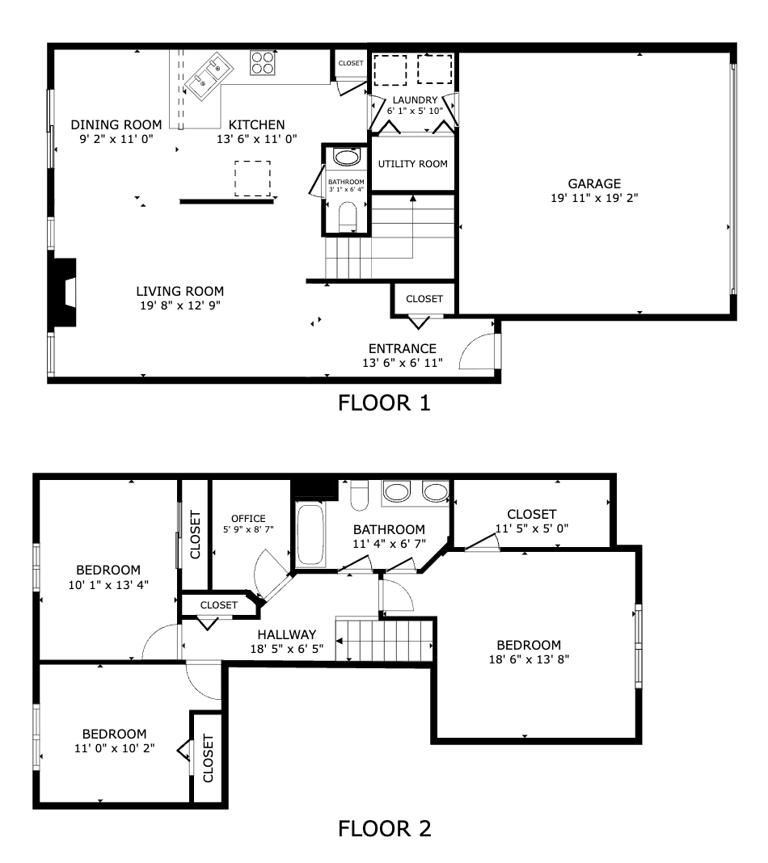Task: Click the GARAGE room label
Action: point(594,183)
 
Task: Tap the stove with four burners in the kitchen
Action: point(263,63)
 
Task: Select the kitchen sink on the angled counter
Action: point(209,76)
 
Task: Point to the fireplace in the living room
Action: point(62,293)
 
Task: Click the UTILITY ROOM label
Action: point(413,164)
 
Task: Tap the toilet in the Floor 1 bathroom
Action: point(348,217)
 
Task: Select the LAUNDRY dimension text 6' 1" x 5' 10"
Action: point(415,111)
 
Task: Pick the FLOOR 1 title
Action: point(384,403)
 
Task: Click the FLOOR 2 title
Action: point(384,828)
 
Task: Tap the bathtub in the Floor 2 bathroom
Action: point(310,534)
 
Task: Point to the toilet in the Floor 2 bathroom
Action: point(360,495)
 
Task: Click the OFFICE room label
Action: point(248,519)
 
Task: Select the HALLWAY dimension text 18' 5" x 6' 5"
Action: point(287,649)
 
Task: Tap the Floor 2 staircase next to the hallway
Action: point(384,639)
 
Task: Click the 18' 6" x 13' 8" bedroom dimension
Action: point(529,659)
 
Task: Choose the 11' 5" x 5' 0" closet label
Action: point(532,528)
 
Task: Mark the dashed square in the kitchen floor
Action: point(253,179)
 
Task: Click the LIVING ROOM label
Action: point(180,291)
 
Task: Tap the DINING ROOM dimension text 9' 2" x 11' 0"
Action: point(116,139)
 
